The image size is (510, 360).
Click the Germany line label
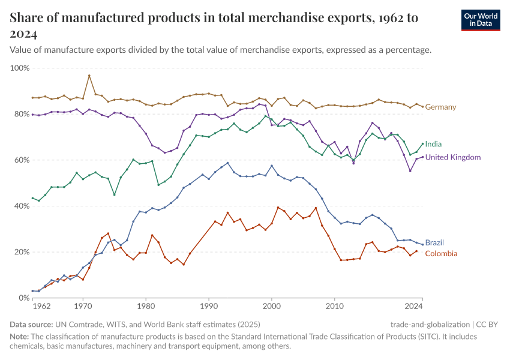point(440,107)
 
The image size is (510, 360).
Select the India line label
point(434,145)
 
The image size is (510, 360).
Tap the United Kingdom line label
point(453,157)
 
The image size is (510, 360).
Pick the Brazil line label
point(434,243)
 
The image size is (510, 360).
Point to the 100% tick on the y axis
point(20,68)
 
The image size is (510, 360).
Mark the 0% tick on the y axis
point(23,298)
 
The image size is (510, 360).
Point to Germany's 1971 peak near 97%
point(89,76)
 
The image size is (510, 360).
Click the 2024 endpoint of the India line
point(422,144)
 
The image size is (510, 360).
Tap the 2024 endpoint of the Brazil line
point(422,244)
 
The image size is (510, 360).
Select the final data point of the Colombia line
point(416,251)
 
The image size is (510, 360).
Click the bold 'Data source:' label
point(29,324)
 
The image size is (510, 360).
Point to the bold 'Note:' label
point(20,337)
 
